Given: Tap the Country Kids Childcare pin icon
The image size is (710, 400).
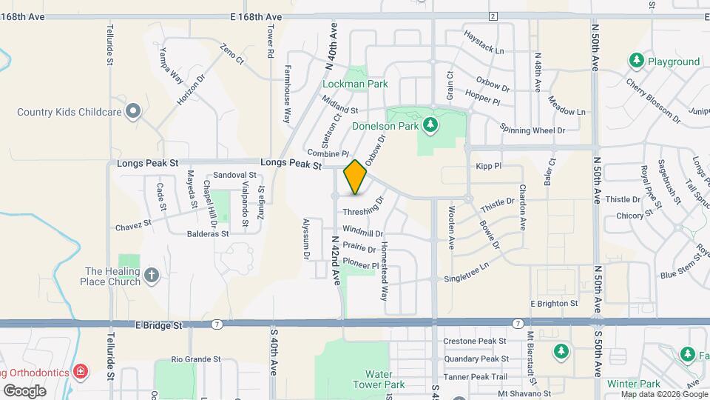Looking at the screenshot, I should tap(133, 112).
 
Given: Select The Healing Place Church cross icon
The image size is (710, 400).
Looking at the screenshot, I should tap(152, 276).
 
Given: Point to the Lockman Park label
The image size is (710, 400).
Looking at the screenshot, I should tap(355, 84).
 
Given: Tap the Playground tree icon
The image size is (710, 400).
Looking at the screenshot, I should tap(635, 61).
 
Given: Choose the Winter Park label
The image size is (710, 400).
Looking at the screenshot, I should tap(633, 384).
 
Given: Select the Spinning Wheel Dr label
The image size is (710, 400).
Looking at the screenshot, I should tap(532, 130).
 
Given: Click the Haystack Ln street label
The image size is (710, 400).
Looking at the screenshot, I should tap(484, 43).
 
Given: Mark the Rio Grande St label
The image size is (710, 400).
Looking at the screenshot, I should tap(196, 359).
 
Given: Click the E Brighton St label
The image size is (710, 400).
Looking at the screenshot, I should tap(554, 304).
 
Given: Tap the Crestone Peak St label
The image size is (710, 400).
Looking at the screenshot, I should tap(475, 341).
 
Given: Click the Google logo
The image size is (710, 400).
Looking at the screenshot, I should tap(24, 390).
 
